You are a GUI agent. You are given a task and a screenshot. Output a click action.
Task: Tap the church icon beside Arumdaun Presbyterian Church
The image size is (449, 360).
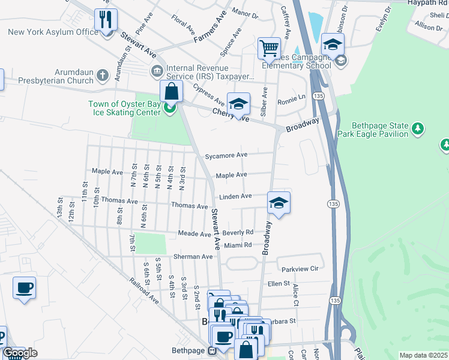click(103, 75)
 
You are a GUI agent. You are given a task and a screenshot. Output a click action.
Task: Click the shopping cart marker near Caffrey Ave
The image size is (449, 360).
click(270, 47)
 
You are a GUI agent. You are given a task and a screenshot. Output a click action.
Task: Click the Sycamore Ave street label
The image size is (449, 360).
click(226, 155)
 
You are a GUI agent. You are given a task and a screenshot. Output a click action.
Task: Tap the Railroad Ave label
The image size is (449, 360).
click(143, 291)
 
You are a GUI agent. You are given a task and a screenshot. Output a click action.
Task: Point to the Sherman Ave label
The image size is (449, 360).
click(193, 257)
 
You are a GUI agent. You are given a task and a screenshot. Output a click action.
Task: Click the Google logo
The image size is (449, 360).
click(20, 353)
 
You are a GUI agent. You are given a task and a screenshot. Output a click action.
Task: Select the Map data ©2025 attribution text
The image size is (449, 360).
click(423, 355)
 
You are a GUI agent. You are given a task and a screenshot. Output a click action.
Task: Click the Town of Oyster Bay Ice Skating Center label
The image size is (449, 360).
click(125, 108)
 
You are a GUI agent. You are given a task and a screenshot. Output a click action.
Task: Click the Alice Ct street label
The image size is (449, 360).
click(295, 293)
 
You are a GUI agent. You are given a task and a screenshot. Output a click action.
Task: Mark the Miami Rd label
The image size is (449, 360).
click(238, 245)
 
